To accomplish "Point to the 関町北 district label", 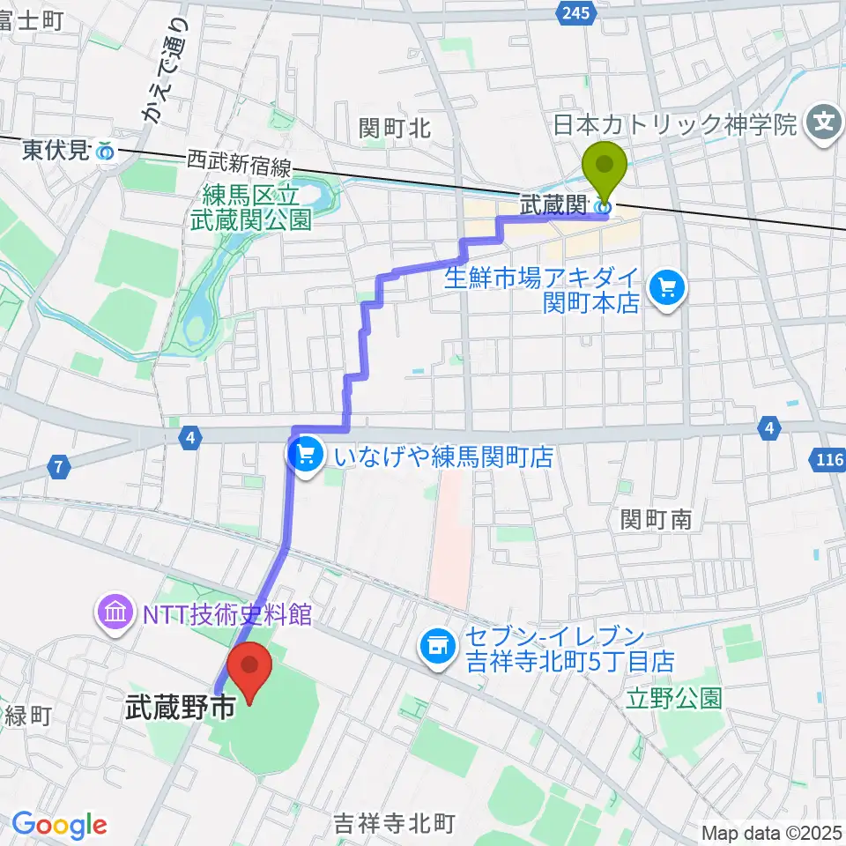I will point(395,129).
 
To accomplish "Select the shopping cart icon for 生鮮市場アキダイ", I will point(666,287).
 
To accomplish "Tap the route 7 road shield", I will point(58,468).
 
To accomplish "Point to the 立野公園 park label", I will point(675,699).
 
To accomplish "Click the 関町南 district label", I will point(655,519).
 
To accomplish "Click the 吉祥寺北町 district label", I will point(395,824).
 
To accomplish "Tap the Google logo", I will point(60,825).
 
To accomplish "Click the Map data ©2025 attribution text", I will point(772,832).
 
